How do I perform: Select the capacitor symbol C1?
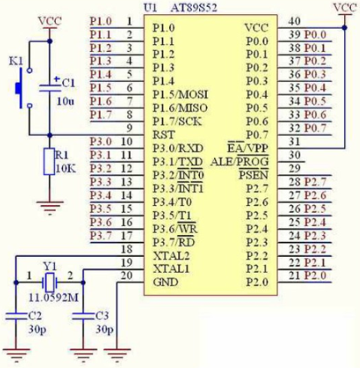click(x=50, y=88)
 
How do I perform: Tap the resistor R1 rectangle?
click(x=50, y=161)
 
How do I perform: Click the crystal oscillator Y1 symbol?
click(x=50, y=282)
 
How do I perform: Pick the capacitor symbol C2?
click(x=16, y=316)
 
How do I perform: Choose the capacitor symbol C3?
click(x=83, y=316)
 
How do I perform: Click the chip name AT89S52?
click(x=194, y=8)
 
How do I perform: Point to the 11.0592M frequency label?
click(x=53, y=297)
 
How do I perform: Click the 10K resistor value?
click(x=65, y=169)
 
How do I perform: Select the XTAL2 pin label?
click(x=171, y=256)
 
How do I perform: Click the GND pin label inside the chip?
click(x=165, y=282)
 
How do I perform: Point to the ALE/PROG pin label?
click(x=240, y=161)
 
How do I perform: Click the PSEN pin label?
click(x=253, y=175)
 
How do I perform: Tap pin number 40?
click(x=295, y=21)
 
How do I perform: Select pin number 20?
click(x=126, y=276)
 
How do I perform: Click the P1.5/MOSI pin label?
click(x=180, y=95)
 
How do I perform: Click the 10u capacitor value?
click(x=65, y=101)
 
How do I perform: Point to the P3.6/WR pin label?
click(x=175, y=228)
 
